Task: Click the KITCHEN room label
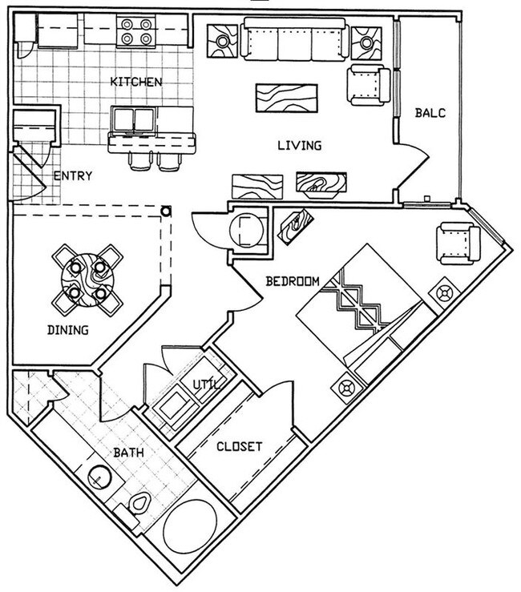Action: [x=136, y=82]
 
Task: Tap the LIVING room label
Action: [x=299, y=146]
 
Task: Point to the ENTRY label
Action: [x=72, y=176]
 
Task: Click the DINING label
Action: [x=67, y=329]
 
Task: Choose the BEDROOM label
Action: [x=293, y=281]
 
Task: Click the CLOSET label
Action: [x=240, y=446]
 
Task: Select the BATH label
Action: [x=128, y=453]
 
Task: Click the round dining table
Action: [x=87, y=278]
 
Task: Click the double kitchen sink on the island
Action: [x=133, y=120]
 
